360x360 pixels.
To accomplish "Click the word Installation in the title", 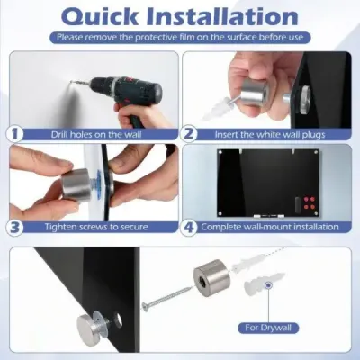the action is tap(223, 16).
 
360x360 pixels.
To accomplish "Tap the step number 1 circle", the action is tap(15, 133).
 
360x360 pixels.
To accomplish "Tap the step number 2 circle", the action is tap(189, 133).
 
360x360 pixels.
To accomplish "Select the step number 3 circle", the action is tap(15, 227).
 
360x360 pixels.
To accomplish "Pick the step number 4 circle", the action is tap(189, 227).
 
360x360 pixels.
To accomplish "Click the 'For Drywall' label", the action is tap(268, 328).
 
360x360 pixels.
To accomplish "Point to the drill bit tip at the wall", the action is tap(71, 81).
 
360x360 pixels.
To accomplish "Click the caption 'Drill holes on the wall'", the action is tap(96, 134).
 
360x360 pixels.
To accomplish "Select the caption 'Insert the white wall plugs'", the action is tap(270, 134).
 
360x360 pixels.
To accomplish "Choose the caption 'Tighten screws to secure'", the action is tap(96, 227).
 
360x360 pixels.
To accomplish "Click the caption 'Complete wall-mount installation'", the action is tap(270, 227).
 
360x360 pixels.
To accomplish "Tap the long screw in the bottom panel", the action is tap(166, 299).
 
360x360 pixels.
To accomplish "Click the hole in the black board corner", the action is tap(118, 319).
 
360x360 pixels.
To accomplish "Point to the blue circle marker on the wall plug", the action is tap(268, 285).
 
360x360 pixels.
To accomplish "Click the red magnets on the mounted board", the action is tap(310, 202).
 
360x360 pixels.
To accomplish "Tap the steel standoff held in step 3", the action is tap(76, 184).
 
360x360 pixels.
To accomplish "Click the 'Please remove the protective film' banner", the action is tap(180, 38).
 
